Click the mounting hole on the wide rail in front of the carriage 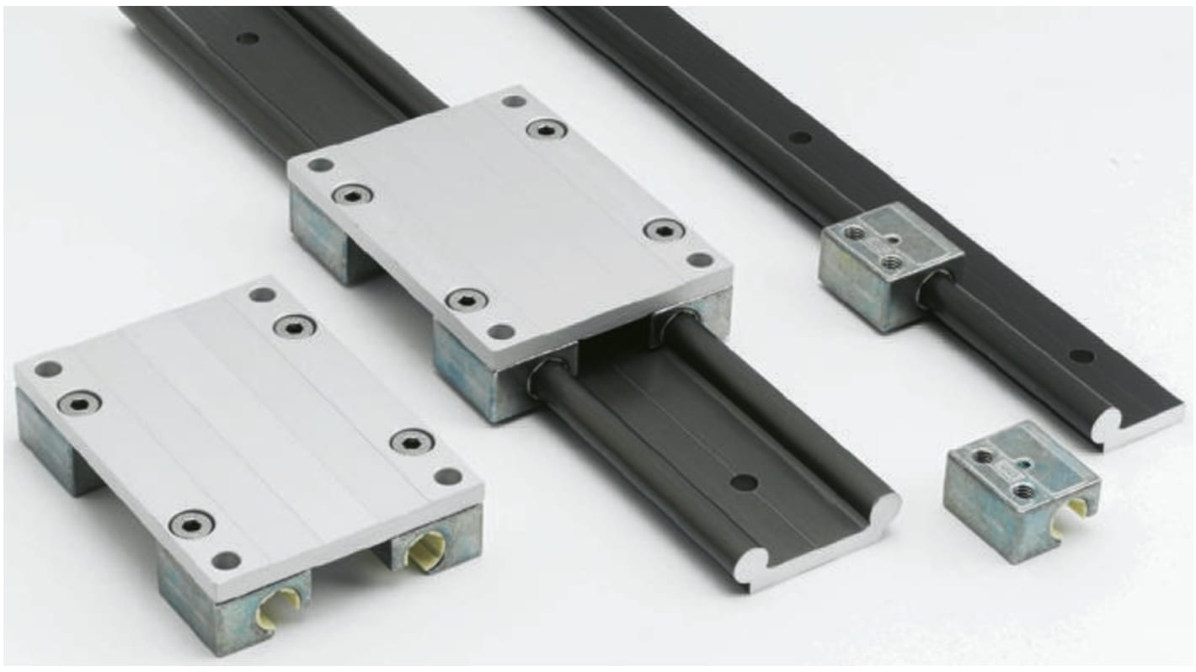tap(744, 483)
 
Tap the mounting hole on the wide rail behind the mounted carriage tap(247, 38)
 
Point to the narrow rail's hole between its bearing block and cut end tap(1081, 355)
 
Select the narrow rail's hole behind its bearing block tap(800, 137)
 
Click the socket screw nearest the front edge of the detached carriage tap(191, 524)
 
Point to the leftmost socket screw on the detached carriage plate tap(79, 402)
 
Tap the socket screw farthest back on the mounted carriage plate tap(547, 129)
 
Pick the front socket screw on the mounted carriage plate tap(466, 299)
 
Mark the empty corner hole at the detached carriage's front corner tap(226, 559)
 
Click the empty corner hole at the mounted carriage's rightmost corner tap(699, 259)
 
